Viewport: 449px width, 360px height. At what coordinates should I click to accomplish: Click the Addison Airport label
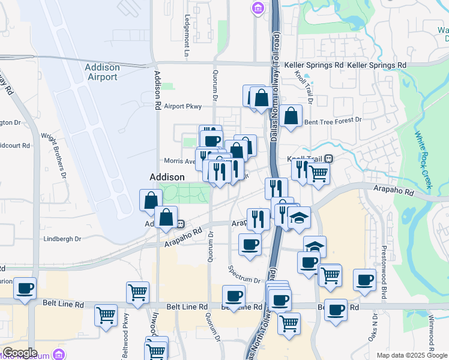click(x=102, y=72)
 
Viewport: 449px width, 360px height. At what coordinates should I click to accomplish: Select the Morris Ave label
click(x=180, y=161)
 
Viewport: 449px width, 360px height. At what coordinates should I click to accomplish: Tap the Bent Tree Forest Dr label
click(x=333, y=121)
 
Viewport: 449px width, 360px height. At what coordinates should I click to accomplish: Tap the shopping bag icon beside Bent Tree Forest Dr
click(x=291, y=117)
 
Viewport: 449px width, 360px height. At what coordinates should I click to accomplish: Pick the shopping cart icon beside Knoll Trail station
click(x=318, y=174)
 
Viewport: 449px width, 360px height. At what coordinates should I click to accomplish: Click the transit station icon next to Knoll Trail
click(x=329, y=159)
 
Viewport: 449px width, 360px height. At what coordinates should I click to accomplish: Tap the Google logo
click(x=20, y=353)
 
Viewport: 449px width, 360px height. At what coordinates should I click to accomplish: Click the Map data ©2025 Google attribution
click(x=412, y=355)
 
